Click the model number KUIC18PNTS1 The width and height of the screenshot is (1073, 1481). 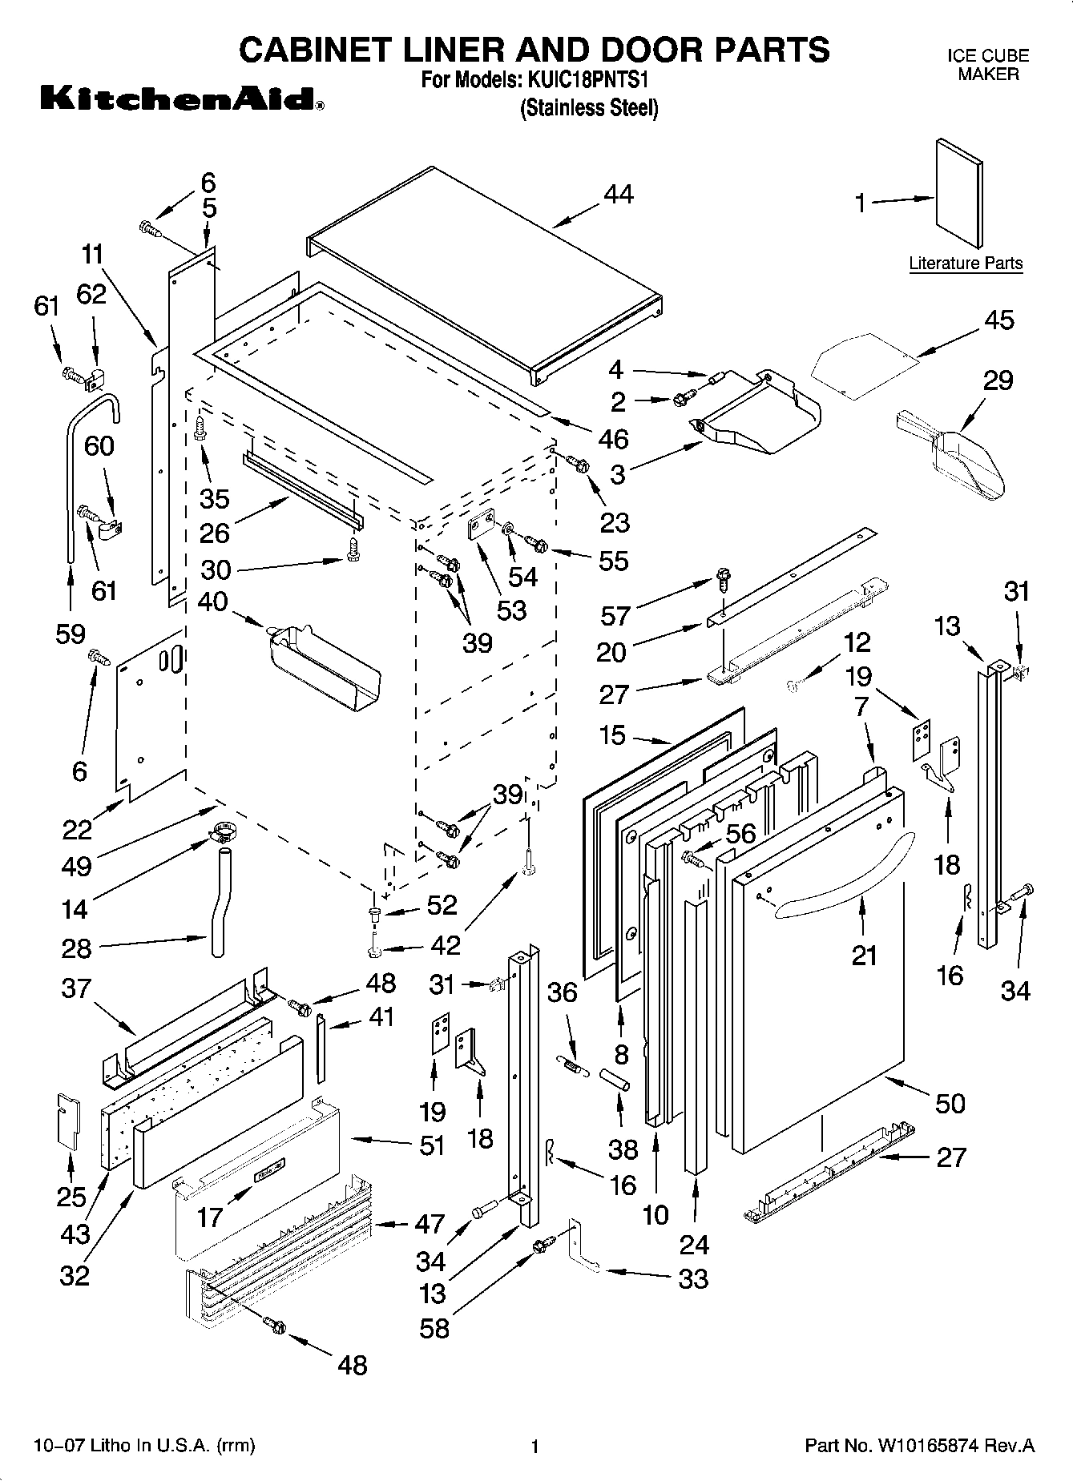pyautogui.click(x=586, y=80)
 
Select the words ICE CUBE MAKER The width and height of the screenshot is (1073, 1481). pyautogui.click(x=988, y=65)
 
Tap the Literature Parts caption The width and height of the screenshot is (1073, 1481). pyautogui.click(x=966, y=264)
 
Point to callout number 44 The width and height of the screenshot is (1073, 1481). pyautogui.click(x=617, y=195)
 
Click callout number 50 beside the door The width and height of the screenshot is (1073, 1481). pyautogui.click(x=950, y=1103)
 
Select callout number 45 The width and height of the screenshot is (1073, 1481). pyautogui.click(x=998, y=320)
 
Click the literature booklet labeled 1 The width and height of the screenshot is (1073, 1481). pyautogui.click(x=959, y=193)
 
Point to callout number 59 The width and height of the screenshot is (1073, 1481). pyautogui.click(x=71, y=634)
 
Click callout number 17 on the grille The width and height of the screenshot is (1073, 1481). pyautogui.click(x=210, y=1218)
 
